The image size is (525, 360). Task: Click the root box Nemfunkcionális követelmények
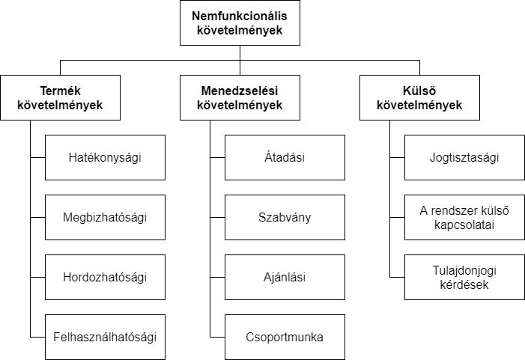tap(240, 22)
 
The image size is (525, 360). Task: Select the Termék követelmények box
tap(60, 98)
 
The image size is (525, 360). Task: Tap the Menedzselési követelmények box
tap(240, 98)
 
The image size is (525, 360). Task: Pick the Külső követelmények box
tap(419, 98)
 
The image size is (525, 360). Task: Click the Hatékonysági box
tap(105, 158)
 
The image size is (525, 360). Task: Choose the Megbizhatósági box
tap(105, 218)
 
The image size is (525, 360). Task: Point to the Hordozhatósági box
tap(105, 278)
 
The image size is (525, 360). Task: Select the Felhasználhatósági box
tap(105, 338)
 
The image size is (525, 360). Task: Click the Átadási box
tap(285, 158)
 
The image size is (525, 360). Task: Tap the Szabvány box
tap(285, 218)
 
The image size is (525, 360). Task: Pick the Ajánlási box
tap(285, 278)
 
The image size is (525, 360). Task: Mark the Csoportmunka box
tap(285, 338)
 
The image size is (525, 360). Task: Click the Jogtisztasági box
tap(464, 158)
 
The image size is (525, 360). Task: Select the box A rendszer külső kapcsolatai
tap(464, 218)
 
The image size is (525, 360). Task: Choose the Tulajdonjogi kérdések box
tap(464, 278)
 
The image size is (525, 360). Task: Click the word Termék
tap(60, 91)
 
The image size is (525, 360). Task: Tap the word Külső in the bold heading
tap(419, 91)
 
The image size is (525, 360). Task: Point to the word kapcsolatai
tap(464, 225)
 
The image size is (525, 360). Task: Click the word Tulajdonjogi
tap(464, 271)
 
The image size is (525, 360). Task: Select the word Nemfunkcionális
tap(240, 16)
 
